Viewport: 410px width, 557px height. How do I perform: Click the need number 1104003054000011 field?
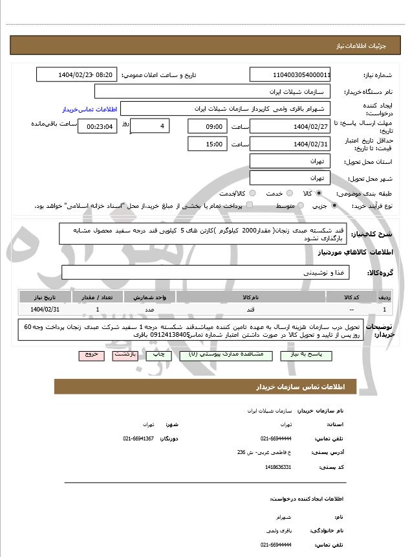coord(290,74)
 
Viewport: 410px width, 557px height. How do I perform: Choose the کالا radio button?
coord(319,193)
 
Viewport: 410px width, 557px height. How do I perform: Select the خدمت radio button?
coord(288,193)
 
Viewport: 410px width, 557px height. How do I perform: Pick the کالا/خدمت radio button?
coord(252,193)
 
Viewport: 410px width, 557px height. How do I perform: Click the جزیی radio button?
coord(334,205)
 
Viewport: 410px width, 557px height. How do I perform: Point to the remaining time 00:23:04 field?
coord(98,126)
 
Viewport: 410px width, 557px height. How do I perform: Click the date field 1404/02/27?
coord(290,126)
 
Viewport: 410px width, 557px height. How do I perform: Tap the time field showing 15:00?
coord(206,144)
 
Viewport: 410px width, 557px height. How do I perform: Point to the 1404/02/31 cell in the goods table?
coord(45,310)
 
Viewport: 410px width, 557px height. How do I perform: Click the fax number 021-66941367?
coord(138,439)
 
